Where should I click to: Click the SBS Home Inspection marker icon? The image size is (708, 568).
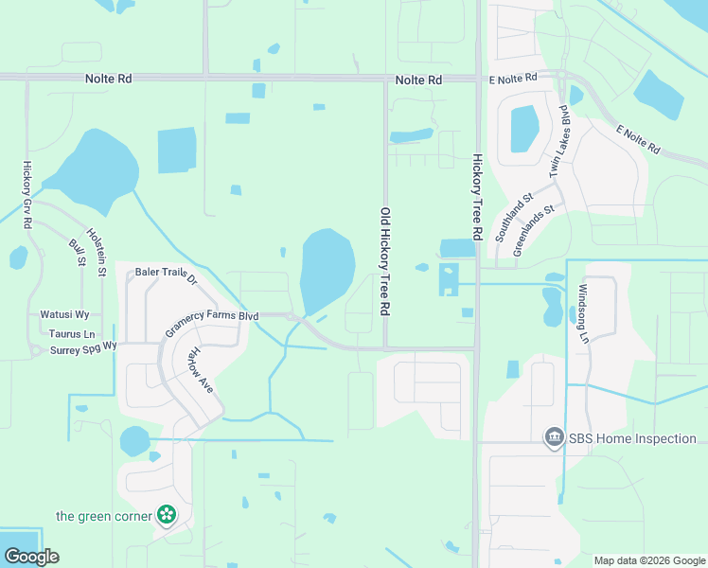pos(553,438)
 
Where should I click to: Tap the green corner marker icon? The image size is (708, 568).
pos(167,516)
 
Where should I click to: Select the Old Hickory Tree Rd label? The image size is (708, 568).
pos(385,262)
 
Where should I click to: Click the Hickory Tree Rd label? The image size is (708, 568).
pos(477,197)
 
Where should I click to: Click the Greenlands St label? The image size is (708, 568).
pos(534,230)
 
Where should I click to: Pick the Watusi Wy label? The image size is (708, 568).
pos(64,313)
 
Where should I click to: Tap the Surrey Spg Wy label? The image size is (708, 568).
pos(83,348)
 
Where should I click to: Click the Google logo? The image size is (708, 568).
pos(31,557)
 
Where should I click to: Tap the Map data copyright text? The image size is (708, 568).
pos(650,560)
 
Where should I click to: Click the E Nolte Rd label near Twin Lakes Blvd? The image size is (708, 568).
pos(511,77)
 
